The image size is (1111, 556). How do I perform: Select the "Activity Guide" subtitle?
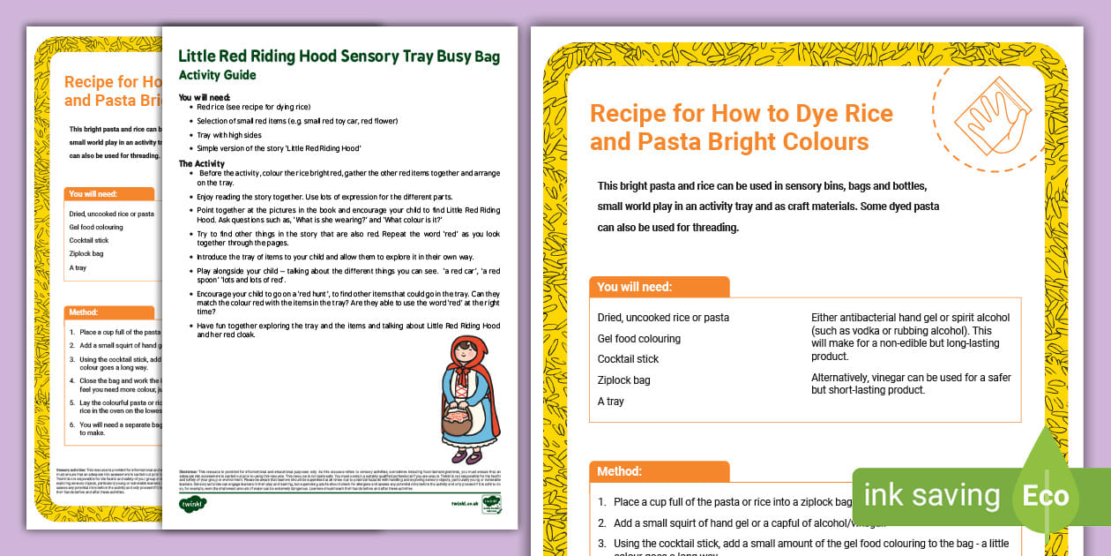click(217, 75)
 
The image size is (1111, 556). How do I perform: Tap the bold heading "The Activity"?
click(202, 163)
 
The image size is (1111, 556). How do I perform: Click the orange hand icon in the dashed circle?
click(990, 116)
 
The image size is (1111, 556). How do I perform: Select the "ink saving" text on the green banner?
click(931, 496)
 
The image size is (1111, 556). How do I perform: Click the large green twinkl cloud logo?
click(191, 504)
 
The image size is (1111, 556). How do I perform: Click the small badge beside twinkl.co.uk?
click(491, 504)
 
